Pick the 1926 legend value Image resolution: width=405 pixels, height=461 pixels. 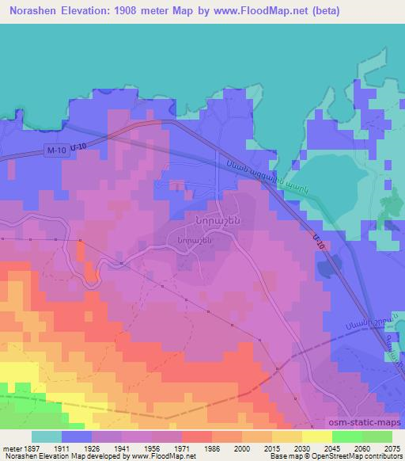coord(93,448)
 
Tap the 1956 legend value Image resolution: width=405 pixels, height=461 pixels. coord(153,448)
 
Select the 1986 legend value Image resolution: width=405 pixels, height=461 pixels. coord(212,448)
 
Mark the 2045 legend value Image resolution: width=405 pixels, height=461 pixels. coord(332,448)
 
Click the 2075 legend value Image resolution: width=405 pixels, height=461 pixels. coord(392,448)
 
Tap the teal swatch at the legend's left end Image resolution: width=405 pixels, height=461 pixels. coord(47,436)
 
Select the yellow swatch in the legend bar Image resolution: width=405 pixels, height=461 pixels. coord(317,436)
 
